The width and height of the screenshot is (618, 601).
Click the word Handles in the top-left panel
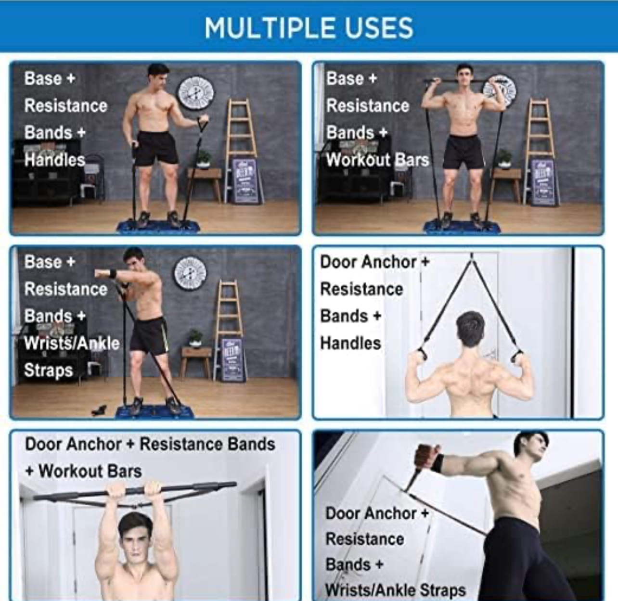point(54,160)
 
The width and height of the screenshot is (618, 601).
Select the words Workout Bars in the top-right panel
point(378,160)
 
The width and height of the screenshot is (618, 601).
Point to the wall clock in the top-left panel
point(196,93)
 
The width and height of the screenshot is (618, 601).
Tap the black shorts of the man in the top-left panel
point(156,148)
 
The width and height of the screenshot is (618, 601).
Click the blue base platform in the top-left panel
point(158,226)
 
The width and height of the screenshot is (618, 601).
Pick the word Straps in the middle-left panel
point(49,371)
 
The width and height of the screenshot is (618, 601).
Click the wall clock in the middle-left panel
point(191,273)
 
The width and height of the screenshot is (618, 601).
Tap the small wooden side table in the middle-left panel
point(196,362)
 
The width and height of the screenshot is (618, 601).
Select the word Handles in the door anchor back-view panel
point(350,343)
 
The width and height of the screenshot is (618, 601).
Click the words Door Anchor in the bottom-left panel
point(73,444)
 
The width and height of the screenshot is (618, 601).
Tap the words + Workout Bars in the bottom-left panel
point(84,471)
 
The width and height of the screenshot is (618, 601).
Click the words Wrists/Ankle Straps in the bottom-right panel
point(396,590)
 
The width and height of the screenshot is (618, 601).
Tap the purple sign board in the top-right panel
point(543,181)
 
